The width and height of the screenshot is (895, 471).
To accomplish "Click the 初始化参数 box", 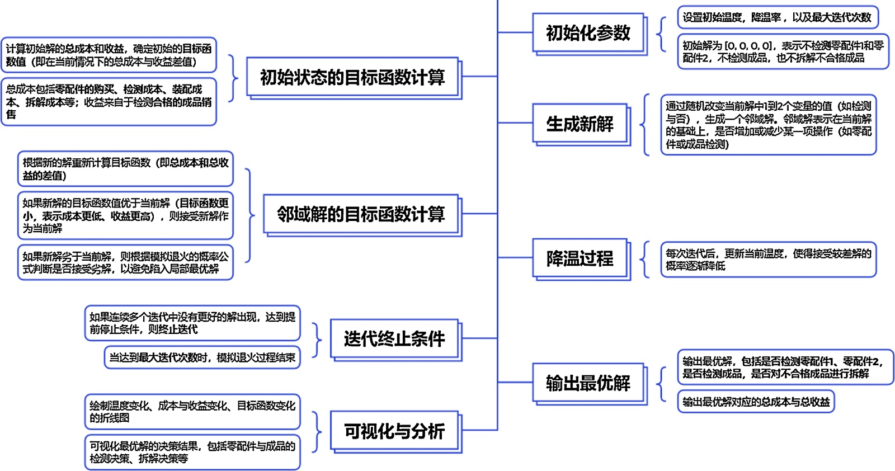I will [588, 33].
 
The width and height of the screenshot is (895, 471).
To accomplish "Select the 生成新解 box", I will [580, 124].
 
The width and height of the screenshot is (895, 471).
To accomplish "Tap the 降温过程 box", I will [580, 258].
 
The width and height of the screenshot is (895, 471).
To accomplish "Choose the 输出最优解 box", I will [588, 383].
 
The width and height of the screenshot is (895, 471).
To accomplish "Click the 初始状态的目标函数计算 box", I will [352, 77].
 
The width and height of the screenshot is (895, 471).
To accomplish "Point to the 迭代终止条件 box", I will [394, 338].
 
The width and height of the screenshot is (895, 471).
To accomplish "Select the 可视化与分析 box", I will [394, 431].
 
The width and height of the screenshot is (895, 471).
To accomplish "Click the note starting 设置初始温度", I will [777, 17].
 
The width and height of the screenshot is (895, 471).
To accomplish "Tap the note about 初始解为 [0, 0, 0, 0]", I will [783, 52].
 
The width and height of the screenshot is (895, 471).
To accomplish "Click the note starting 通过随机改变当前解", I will [768, 125].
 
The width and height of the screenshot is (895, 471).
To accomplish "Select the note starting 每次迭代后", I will [768, 260].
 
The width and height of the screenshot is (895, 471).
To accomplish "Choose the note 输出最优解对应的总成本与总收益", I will [756, 402].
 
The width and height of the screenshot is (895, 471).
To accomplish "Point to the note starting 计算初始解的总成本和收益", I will [109, 55].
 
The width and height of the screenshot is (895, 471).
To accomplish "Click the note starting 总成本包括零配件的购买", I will [109, 102].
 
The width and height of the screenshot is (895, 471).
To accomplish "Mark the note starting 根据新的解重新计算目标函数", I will [125, 169].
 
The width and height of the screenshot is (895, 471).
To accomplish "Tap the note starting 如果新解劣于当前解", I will [125, 262].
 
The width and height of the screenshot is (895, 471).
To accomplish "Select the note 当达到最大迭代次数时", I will [202, 357].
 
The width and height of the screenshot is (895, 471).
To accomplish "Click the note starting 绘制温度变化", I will [192, 412].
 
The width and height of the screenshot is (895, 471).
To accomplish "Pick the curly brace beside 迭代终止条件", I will [318, 339].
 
